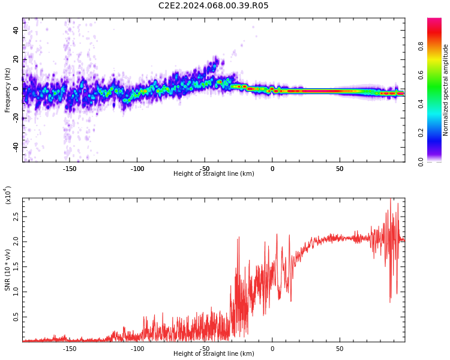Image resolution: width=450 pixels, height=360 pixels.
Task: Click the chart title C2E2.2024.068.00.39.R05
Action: (213, 6)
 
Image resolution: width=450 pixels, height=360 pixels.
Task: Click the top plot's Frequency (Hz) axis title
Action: (8, 90)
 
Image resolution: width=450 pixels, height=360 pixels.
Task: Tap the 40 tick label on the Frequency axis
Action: (16, 29)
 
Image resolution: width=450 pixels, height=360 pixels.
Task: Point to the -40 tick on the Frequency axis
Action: (16, 146)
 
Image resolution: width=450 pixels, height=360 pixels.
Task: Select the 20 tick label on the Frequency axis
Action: (16, 59)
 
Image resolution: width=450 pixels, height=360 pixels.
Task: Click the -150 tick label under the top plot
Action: (69, 168)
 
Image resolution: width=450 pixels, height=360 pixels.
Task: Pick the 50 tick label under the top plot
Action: (340, 168)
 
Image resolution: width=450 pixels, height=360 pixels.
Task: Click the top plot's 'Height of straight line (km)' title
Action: (214, 174)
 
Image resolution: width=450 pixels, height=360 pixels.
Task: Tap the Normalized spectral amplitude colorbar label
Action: (446, 90)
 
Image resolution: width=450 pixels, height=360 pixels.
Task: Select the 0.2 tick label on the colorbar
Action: (437, 133)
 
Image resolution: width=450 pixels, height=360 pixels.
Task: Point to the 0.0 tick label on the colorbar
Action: (437, 161)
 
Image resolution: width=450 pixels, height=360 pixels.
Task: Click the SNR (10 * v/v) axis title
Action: (8, 270)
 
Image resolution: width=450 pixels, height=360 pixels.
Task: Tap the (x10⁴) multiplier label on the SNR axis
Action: (8, 195)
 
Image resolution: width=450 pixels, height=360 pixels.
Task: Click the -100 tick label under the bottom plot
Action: (137, 348)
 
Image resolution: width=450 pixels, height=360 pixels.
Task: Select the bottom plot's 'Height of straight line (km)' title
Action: (214, 354)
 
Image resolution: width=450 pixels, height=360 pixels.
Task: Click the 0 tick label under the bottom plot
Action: (272, 348)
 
